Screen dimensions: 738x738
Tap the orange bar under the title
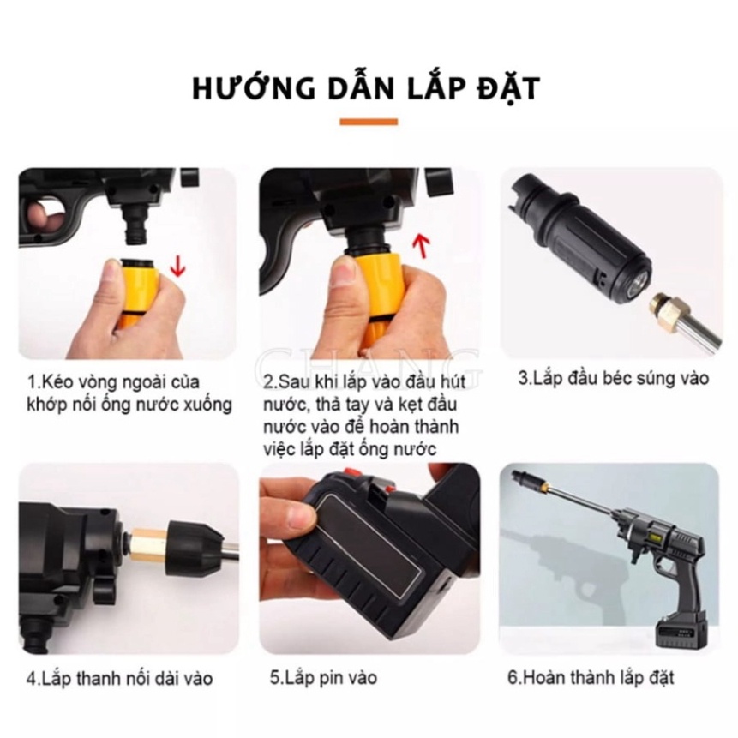[369, 122]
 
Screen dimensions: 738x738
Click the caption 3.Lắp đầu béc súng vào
[613, 377]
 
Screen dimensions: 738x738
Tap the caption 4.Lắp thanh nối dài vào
[119, 679]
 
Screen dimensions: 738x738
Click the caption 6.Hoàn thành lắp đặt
[591, 678]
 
